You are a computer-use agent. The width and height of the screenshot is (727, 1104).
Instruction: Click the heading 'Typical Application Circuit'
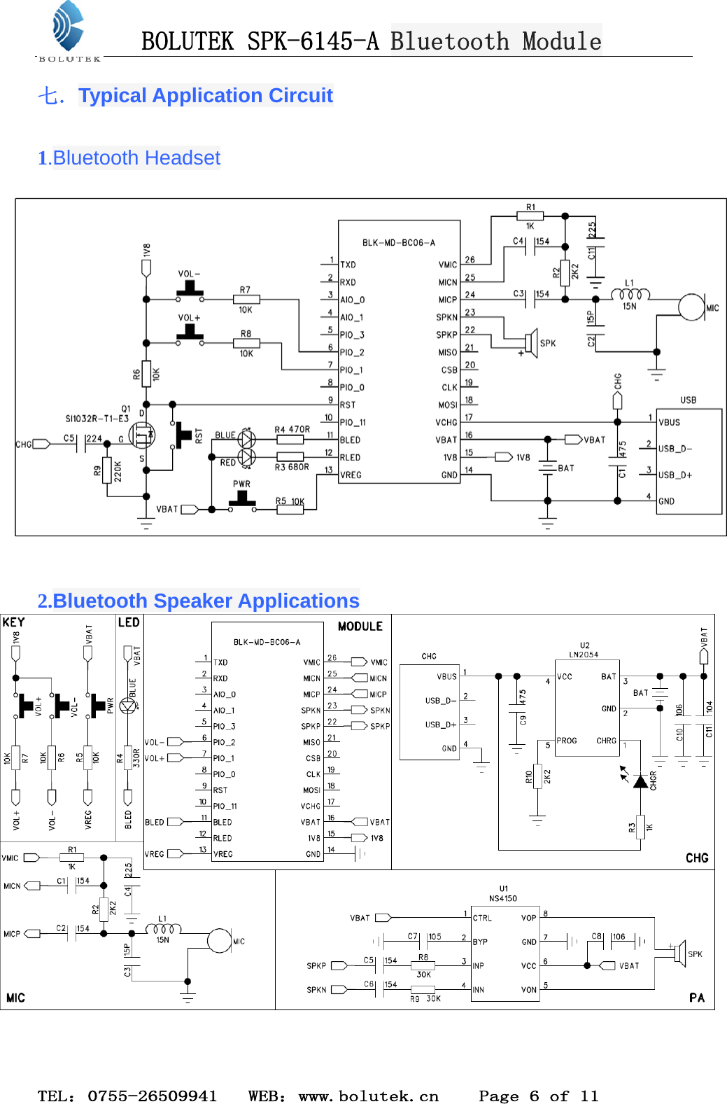[205, 95]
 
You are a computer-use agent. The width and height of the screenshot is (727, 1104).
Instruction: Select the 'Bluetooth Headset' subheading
[136, 158]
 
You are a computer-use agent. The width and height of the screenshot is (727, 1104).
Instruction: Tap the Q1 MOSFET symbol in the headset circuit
[143, 435]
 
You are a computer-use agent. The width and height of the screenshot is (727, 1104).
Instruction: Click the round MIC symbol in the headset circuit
[691, 307]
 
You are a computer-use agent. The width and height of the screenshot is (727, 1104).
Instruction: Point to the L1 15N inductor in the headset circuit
[630, 294]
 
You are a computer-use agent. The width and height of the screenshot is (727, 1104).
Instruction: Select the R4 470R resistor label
[292, 429]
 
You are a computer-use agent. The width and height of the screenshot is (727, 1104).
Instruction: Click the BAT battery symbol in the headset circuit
[548, 467]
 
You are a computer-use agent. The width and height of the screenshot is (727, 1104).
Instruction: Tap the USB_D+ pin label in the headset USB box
[675, 475]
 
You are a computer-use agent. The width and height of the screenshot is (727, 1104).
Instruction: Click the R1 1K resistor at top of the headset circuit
[530, 216]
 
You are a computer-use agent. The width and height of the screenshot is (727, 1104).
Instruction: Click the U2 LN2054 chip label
[584, 650]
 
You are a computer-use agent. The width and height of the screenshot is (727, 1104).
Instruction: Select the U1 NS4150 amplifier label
[503, 894]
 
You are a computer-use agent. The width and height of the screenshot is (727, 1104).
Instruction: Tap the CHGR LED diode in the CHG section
[640, 781]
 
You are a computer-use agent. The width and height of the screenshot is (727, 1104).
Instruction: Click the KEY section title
[13, 622]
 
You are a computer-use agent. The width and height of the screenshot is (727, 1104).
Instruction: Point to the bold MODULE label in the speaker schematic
[360, 627]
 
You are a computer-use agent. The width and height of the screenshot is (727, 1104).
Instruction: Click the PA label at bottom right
[696, 998]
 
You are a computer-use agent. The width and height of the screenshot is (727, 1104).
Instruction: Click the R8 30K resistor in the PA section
[423, 965]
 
